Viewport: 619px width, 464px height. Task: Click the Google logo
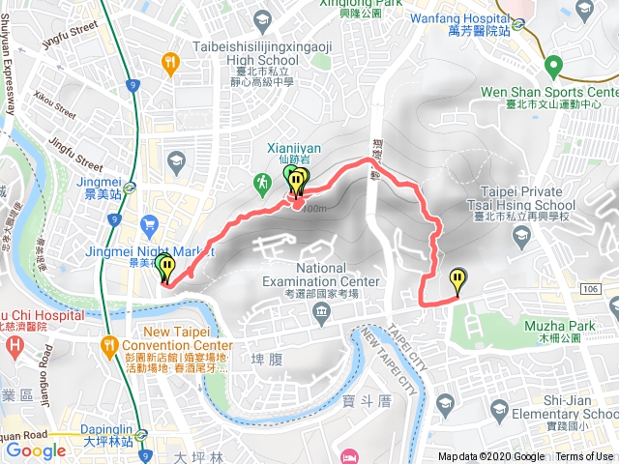click(x=36, y=450)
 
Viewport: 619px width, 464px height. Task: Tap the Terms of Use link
click(x=584, y=457)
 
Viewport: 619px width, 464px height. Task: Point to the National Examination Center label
click(x=335, y=275)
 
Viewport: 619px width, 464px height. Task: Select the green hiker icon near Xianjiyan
click(x=261, y=182)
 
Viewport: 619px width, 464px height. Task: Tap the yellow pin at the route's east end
click(x=457, y=280)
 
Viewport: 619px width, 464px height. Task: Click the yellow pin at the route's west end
click(x=166, y=267)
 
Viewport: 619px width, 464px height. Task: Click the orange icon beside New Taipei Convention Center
click(x=107, y=345)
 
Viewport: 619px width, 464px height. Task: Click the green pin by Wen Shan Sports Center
click(x=552, y=67)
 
